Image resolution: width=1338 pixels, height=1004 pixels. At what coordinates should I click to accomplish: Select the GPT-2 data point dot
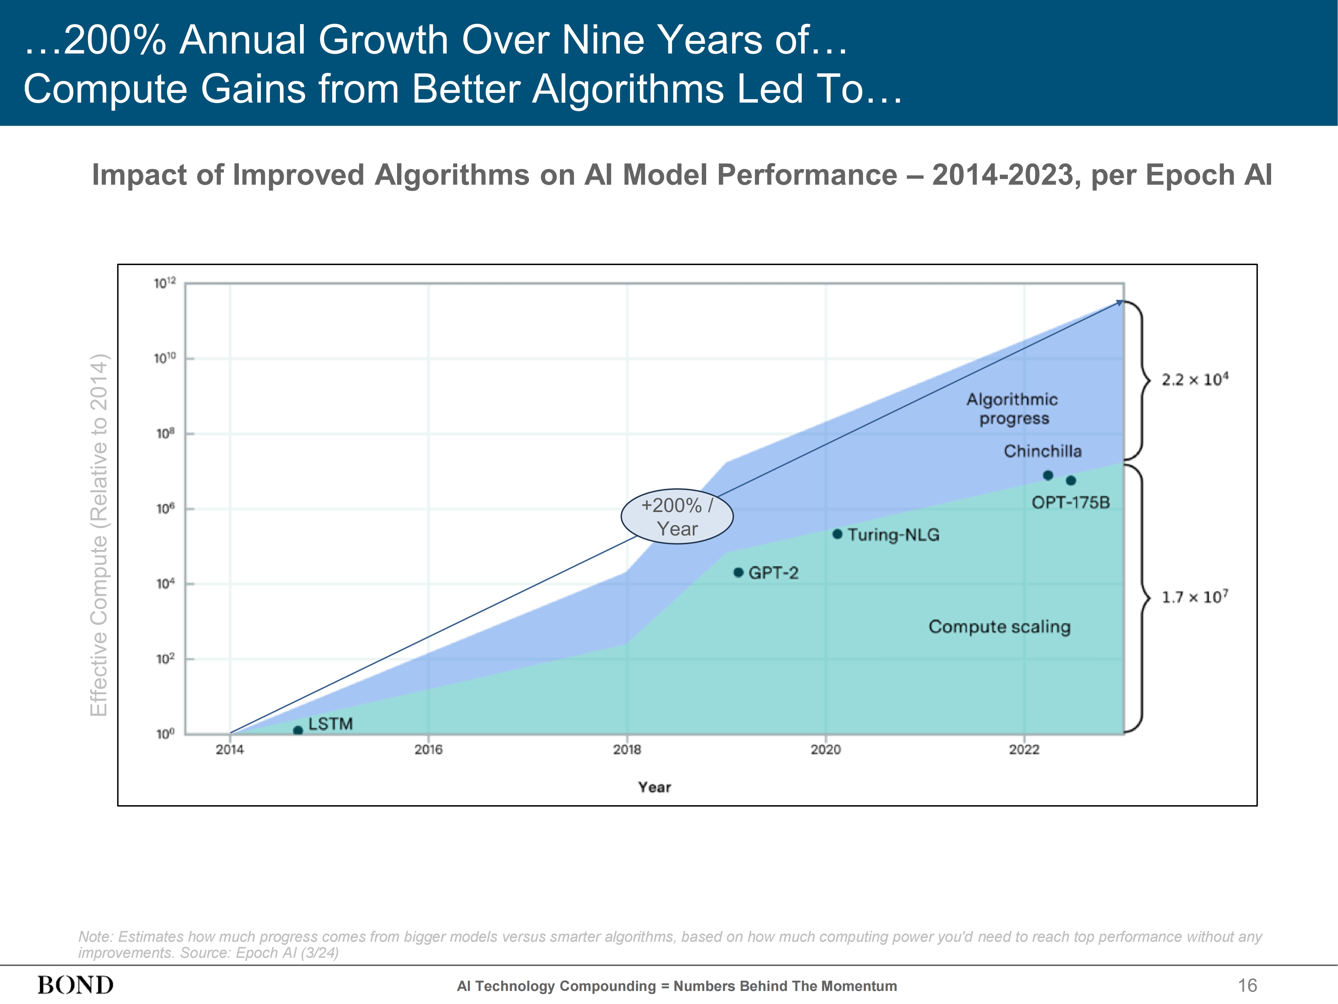click(x=738, y=573)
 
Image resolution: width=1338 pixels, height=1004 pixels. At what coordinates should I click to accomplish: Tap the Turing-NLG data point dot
click(x=837, y=534)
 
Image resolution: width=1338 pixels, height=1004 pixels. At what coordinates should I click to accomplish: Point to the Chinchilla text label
click(x=1042, y=451)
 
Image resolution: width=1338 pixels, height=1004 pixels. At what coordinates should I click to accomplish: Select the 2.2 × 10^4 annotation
click(x=1194, y=380)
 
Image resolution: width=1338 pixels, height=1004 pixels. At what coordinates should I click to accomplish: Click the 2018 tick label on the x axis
click(x=627, y=750)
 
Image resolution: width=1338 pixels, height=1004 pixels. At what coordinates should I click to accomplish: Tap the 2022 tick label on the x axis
click(x=1024, y=750)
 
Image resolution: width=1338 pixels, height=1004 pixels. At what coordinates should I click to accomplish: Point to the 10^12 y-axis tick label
click(x=165, y=282)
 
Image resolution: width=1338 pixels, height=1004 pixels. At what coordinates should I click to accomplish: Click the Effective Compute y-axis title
click(x=99, y=535)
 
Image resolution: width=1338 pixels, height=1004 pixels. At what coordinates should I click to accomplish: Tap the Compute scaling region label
click(x=999, y=627)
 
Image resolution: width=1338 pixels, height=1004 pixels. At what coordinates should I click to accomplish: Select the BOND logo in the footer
click(x=76, y=985)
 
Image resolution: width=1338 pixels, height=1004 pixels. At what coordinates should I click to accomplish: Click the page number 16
click(x=1247, y=985)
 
